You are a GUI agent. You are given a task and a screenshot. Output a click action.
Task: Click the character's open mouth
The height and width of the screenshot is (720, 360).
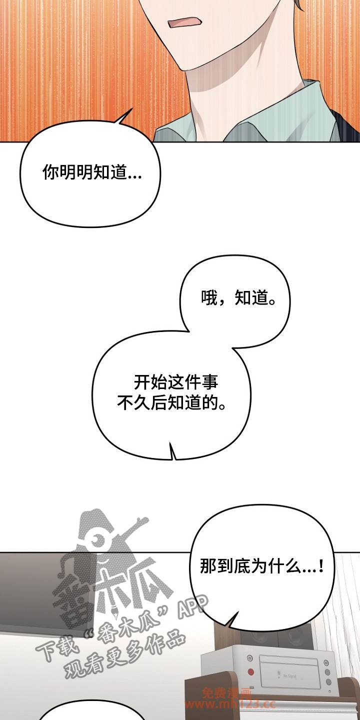[x=185, y=23]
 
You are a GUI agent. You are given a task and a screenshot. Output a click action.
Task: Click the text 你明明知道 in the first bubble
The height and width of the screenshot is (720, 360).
[x=84, y=172]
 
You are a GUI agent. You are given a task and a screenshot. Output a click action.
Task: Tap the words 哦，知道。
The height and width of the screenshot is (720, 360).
[x=238, y=297]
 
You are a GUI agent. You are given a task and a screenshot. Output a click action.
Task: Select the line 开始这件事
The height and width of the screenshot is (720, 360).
[x=175, y=382]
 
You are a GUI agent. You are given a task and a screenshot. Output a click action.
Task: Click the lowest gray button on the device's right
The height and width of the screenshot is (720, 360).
[x=328, y=680]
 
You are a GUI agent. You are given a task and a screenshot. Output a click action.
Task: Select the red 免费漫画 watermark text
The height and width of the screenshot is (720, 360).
[x=226, y=700]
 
